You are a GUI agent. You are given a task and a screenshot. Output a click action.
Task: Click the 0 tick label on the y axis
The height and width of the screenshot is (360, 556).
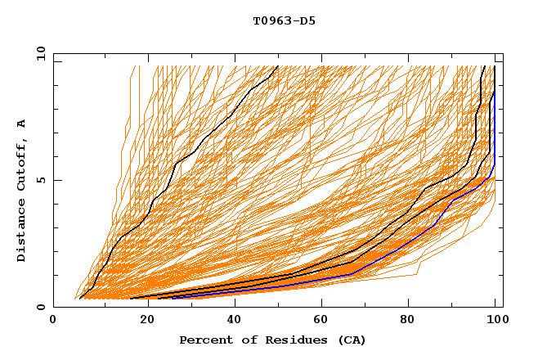(41, 308)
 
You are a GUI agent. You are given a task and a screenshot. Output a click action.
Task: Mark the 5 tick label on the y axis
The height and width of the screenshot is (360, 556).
(41, 180)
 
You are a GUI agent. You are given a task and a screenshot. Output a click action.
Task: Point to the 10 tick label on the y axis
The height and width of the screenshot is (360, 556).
(38, 53)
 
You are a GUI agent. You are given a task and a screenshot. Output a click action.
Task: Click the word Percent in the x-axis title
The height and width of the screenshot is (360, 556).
(204, 340)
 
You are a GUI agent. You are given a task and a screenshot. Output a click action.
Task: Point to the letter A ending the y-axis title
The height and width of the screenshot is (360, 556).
(22, 124)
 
